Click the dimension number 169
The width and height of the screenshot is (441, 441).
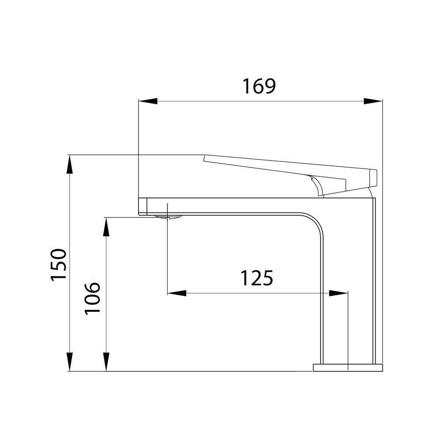(259, 86)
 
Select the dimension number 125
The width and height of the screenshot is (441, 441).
(257, 278)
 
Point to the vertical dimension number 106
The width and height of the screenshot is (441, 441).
(92, 299)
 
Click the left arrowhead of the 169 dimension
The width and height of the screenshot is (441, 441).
(148, 101)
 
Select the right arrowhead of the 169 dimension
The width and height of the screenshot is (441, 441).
(373, 101)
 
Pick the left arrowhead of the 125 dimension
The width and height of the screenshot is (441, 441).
(177, 293)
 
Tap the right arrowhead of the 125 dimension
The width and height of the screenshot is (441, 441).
(338, 293)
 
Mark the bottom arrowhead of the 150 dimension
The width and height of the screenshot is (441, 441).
(70, 362)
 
